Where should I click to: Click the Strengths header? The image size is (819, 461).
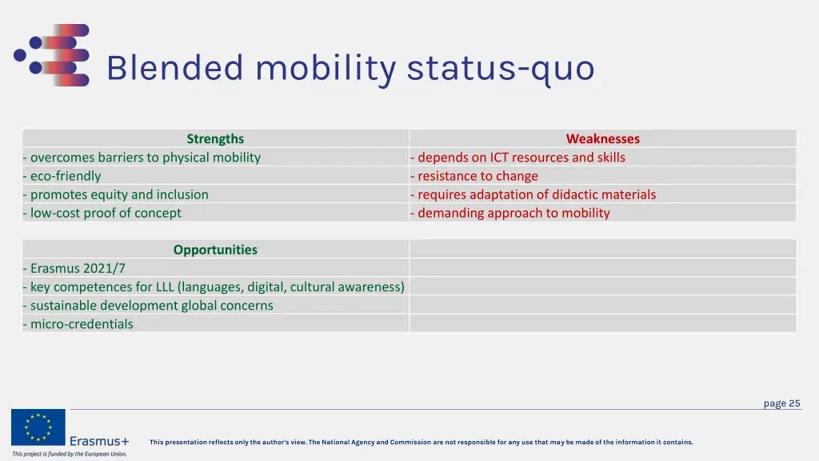[215, 138]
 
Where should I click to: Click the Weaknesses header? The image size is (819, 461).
[602, 138]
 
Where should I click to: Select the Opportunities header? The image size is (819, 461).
[215, 250]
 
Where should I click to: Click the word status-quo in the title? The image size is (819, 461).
[501, 69]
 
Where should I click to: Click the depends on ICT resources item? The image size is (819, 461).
[517, 158]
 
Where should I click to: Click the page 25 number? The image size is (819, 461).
[781, 403]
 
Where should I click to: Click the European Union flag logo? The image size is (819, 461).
[38, 427]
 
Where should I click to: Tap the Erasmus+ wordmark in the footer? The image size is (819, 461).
[99, 441]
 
